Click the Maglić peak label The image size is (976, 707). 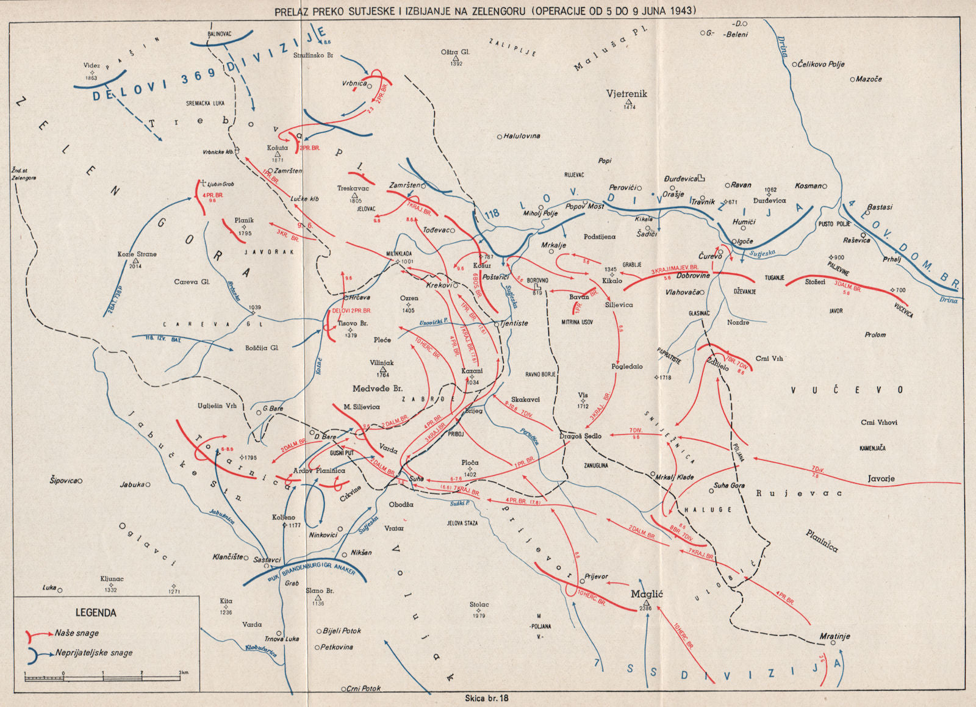pos(647,594)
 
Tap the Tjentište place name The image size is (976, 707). pos(514,323)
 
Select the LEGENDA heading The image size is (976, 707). pos(96,612)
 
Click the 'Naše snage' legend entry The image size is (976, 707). pos(77,633)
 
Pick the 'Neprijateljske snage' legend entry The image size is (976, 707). pos(94,653)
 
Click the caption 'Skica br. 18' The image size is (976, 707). pos(486,698)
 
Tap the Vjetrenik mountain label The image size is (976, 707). pos(626,94)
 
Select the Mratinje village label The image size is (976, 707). pos(834,636)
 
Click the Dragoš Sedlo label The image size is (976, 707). pos(581,436)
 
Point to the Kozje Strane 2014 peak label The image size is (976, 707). pos(137,254)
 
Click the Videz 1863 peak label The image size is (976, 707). pos(91,66)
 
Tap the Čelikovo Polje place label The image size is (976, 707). pos(821,64)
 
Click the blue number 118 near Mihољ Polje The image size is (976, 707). pos(492,214)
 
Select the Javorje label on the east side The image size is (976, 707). pos(881,479)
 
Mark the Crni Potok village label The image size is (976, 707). pos(364,688)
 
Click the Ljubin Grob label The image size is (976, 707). pos(220,184)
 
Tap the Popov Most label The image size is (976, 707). pos(584,206)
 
